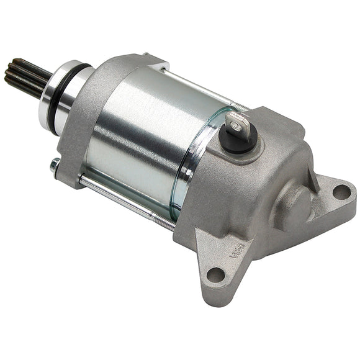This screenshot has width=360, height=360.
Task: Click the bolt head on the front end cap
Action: (x=55, y=166)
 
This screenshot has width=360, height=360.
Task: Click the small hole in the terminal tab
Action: (x=235, y=124)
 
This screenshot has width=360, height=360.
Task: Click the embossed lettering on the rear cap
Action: (x=237, y=250)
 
